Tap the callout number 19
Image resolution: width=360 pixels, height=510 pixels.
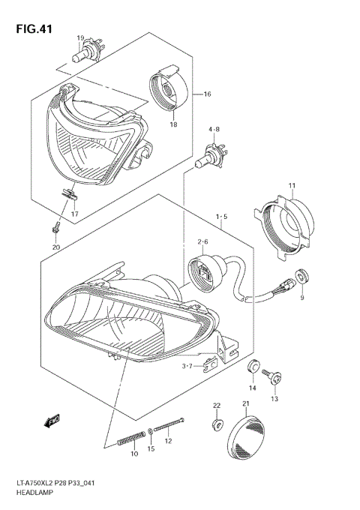click(x=79, y=37)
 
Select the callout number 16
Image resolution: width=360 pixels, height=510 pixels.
click(x=208, y=94)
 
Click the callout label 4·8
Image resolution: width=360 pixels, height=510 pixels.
click(x=214, y=130)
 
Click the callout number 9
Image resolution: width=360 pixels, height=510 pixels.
click(x=302, y=298)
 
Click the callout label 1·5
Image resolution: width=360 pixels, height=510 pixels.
click(x=222, y=217)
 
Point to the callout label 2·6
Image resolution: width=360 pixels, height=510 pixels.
click(x=202, y=241)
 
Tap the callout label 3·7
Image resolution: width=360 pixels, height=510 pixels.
click(x=192, y=365)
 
